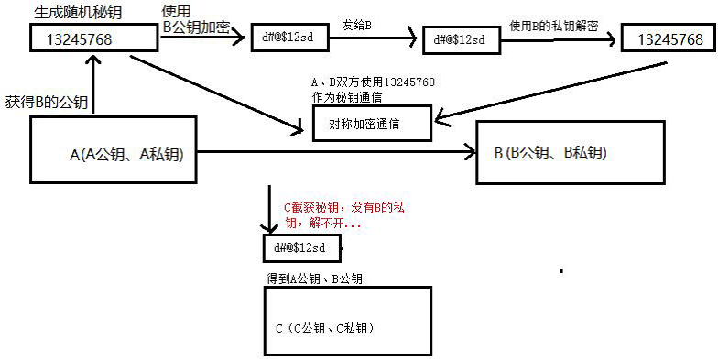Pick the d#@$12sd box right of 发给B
[x=460, y=39]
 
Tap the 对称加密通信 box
[x=371, y=123]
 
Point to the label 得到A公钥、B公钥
[x=316, y=278]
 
